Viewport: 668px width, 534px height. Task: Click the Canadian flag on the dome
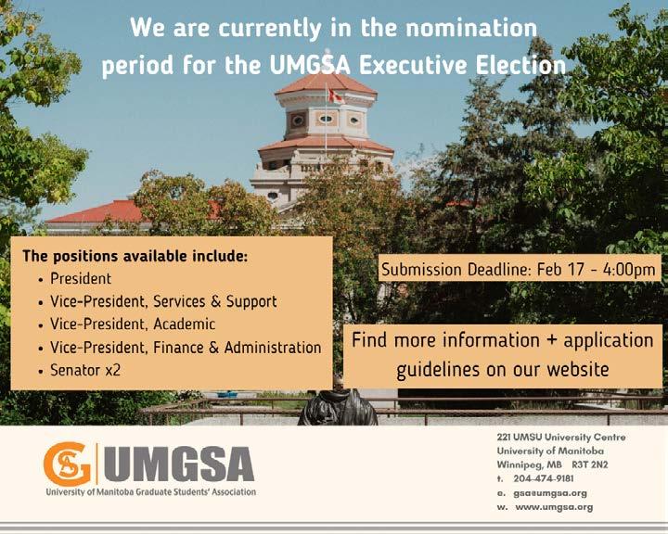pos(336,95)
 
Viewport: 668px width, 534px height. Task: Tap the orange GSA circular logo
pos(67,464)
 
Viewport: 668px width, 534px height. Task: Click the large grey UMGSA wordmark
pos(178,464)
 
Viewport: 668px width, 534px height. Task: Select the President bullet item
pos(81,278)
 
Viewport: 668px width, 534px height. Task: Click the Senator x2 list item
pos(85,370)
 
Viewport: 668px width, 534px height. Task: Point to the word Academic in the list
pos(184,324)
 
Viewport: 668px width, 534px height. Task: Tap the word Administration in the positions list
pos(273,347)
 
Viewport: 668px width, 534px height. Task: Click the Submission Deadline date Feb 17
pos(560,270)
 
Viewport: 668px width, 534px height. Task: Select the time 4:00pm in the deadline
pos(629,270)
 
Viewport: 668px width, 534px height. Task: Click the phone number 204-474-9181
pos(543,478)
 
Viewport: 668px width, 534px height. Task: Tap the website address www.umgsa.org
pos(554,507)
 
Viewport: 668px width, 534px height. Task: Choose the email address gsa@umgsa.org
pos(550,493)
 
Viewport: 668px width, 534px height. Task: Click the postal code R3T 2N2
pos(590,464)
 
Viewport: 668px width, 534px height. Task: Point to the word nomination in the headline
pos(471,28)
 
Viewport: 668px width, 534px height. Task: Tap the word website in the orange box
pos(578,369)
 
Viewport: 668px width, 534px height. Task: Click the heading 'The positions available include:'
pos(135,257)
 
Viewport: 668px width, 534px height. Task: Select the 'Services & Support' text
pos(214,301)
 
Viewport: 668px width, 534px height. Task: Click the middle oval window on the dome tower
pos(326,119)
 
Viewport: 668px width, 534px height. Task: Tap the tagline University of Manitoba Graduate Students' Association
pos(151,492)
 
